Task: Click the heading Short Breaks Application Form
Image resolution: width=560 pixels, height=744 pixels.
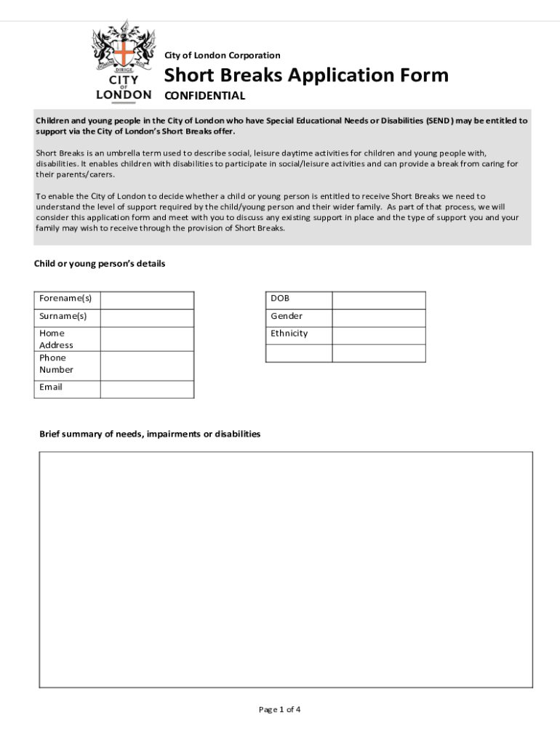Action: [305, 75]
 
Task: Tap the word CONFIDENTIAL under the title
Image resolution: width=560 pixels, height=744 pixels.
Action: [204, 96]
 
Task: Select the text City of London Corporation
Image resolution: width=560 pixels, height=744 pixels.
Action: [222, 55]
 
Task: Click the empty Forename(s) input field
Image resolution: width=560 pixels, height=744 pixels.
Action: [147, 300]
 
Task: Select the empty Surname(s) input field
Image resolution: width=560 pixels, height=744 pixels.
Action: [147, 318]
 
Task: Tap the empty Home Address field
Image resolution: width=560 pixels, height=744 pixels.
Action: [147, 339]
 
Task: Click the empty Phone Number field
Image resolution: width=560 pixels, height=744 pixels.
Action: [147, 365]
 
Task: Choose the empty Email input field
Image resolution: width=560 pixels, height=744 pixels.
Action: [147, 389]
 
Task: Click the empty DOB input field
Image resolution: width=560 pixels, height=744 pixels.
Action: [378, 300]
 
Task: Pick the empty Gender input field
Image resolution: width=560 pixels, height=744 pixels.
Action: [378, 318]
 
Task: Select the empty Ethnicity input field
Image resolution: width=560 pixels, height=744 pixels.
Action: [378, 335]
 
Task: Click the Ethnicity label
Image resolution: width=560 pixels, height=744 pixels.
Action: [289, 333]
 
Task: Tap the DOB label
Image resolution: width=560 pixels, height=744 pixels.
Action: [280, 299]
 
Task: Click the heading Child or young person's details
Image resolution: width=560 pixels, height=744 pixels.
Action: [100, 264]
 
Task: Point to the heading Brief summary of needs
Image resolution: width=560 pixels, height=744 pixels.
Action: [150, 434]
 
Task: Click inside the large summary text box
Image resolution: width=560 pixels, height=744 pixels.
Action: [286, 569]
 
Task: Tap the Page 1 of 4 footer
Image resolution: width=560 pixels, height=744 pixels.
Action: [279, 710]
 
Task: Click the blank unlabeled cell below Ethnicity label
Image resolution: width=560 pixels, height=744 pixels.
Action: [299, 353]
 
